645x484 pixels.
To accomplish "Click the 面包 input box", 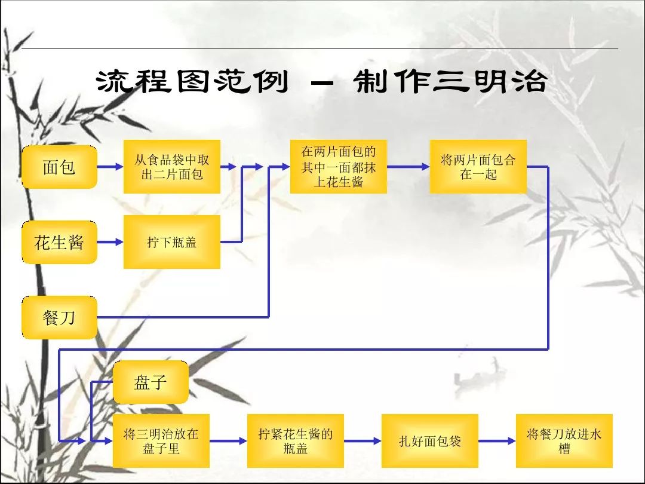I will coord(59,167).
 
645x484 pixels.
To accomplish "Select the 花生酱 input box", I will coord(59,243).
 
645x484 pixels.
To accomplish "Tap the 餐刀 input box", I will coord(59,317).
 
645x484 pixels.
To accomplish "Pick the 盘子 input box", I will coord(150,382).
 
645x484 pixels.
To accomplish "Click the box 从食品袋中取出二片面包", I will coord(172,167).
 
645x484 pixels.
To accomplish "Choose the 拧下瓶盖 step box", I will coord(172,242).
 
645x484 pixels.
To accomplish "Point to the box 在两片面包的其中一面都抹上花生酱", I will coord(338,167).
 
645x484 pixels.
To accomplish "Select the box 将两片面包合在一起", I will coord(478,167).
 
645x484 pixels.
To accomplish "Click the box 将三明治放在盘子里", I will coord(161,441).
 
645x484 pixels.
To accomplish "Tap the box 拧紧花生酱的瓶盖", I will coord(296,441).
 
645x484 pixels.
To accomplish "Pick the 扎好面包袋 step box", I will coord(430,441).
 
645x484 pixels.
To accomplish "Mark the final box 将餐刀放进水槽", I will coord(564,441).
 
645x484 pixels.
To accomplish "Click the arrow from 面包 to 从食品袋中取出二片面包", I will coord(110,167).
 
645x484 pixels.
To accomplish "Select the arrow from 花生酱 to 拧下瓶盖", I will coord(110,243).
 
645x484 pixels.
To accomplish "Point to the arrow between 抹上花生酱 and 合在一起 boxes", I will coord(408,167).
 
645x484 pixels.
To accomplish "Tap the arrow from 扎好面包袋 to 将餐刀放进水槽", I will coord(497,441).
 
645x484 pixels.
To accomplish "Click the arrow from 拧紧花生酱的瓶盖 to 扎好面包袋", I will coord(363,441).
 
